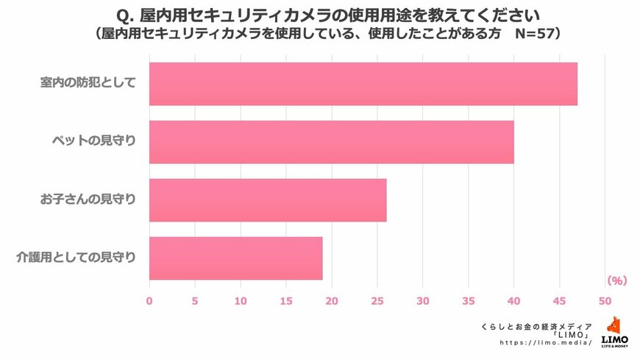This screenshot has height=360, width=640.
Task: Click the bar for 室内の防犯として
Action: point(363,84)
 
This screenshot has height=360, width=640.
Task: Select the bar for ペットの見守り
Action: point(331,142)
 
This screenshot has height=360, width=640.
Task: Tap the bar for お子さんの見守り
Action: point(268,200)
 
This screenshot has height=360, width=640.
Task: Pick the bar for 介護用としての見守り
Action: point(235,258)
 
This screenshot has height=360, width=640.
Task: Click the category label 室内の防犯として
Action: point(88,82)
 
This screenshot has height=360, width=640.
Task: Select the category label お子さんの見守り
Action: point(88,199)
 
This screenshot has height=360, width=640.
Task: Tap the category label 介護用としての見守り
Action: point(77,258)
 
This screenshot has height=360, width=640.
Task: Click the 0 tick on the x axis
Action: point(149,300)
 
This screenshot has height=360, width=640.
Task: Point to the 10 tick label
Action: point(240,300)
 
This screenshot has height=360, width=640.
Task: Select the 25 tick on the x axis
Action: point(377,300)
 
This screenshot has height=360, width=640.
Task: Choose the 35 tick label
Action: point(468,300)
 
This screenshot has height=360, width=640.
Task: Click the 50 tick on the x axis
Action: point(605,300)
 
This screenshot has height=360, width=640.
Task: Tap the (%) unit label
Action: point(616,280)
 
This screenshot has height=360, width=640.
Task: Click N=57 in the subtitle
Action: point(533,34)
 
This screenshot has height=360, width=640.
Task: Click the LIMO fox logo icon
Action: point(614,326)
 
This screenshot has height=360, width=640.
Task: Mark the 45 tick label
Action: point(559,300)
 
